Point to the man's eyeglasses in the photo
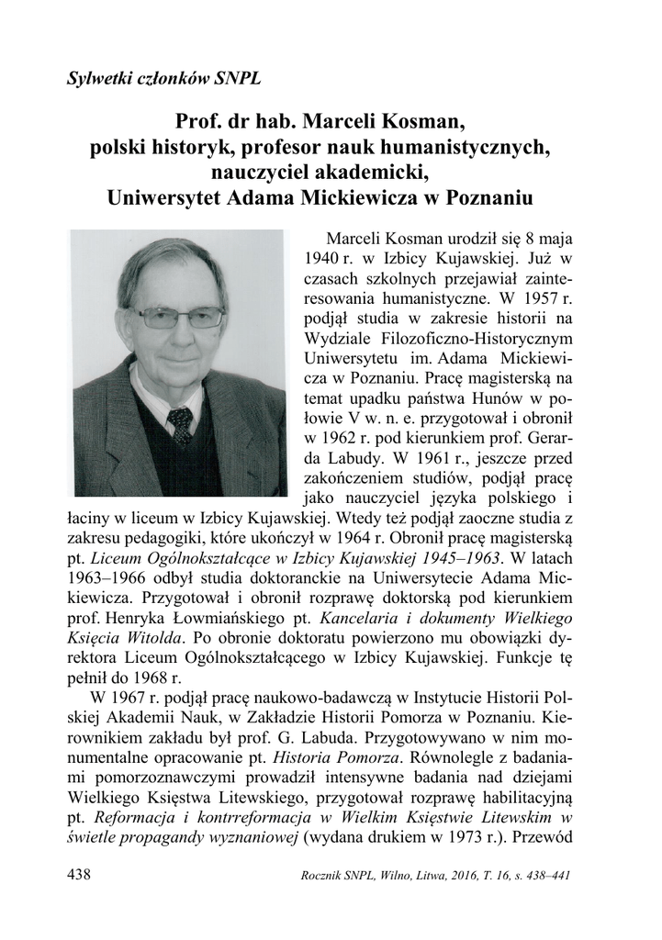coord(183,318)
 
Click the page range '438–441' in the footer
coord(543,876)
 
